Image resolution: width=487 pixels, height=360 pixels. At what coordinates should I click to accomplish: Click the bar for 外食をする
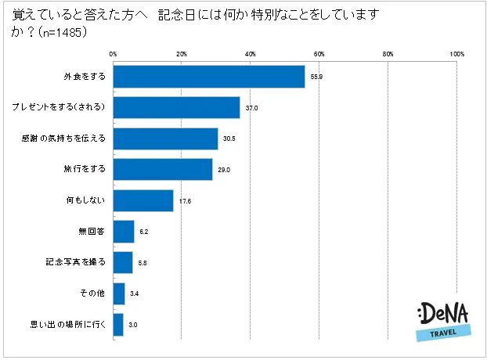click(209, 76)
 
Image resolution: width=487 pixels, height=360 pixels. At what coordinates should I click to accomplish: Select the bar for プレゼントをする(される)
click(177, 107)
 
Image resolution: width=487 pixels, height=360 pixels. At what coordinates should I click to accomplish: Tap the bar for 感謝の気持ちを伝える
click(165, 139)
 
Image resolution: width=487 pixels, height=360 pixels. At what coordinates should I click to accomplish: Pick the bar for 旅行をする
click(163, 169)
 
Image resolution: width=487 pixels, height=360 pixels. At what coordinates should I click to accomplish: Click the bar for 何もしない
click(143, 200)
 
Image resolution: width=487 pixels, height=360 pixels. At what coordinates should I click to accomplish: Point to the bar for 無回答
click(124, 232)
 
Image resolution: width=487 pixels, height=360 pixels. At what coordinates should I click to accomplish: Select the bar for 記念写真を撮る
click(123, 262)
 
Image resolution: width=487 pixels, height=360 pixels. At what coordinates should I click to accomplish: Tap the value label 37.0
click(251, 107)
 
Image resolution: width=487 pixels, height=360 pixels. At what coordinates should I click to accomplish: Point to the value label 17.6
click(185, 200)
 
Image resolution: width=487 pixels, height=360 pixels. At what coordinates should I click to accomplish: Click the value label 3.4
click(134, 293)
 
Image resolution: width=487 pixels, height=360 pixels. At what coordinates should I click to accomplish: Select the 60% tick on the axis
click(319, 53)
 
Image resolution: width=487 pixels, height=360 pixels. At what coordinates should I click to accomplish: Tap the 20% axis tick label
click(182, 53)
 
